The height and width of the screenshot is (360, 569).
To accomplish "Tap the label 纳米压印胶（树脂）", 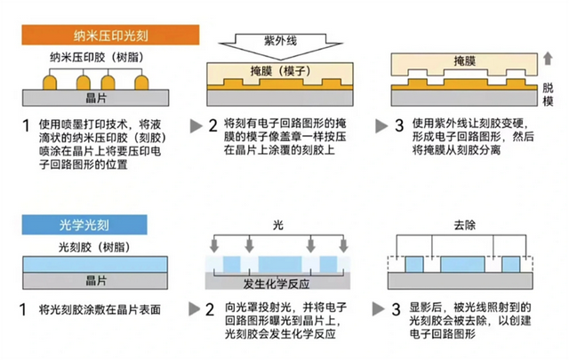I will (97, 58).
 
